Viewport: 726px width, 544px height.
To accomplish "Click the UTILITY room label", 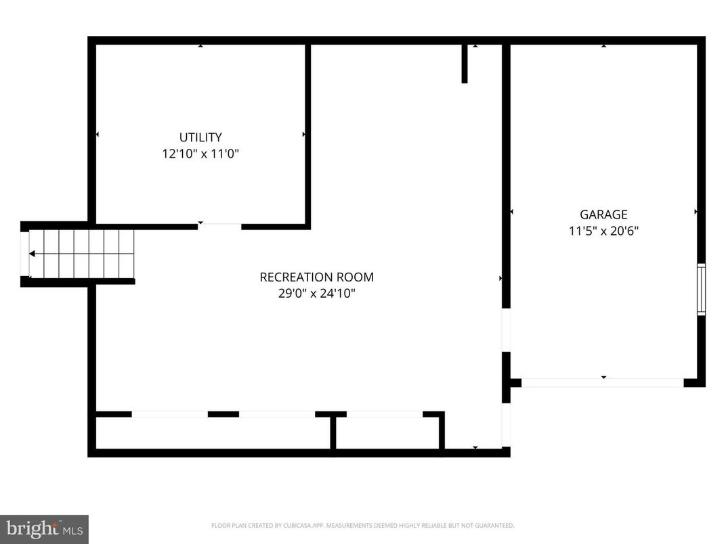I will click(x=200, y=137).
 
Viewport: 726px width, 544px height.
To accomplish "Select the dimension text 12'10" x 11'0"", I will click(x=200, y=154).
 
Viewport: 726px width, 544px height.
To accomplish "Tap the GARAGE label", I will click(x=603, y=214).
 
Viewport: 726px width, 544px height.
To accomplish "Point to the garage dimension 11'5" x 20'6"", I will click(x=603, y=231).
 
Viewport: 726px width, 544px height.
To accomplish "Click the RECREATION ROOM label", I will click(x=316, y=277).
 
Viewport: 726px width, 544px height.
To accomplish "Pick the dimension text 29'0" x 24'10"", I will click(x=316, y=293).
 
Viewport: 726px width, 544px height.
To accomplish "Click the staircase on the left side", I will click(x=81, y=254).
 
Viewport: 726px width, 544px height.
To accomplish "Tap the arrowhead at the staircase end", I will click(x=32, y=254).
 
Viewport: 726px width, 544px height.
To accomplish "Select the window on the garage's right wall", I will click(x=701, y=289).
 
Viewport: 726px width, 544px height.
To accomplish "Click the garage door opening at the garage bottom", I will click(x=602, y=383).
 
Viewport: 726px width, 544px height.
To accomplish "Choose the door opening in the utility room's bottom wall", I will click(x=220, y=226).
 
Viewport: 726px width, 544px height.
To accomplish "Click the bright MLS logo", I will click(x=44, y=528).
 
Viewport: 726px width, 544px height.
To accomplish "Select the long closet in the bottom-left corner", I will click(x=213, y=432).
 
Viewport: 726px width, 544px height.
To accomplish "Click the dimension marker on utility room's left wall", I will click(x=98, y=135).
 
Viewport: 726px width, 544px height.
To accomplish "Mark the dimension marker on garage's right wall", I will click(x=696, y=212).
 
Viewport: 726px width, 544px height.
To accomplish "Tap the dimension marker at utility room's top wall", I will click(x=200, y=46).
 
